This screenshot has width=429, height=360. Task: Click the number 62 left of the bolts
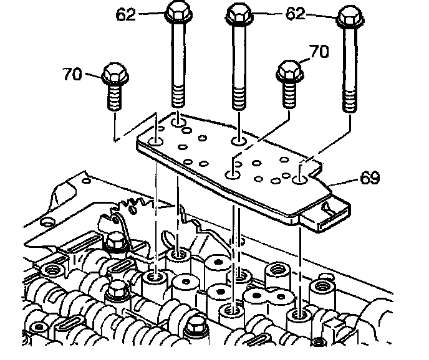pos(125,14)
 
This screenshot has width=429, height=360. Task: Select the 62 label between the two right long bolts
pos(295,14)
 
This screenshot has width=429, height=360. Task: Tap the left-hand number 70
pos(72,73)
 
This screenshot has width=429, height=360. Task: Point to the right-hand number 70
pos(319,52)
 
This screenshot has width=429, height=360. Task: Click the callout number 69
pos(370,178)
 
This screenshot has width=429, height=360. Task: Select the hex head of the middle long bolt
pos(239,14)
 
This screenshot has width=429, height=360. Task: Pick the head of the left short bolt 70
pos(115,73)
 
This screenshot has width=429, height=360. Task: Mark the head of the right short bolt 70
pos(290,71)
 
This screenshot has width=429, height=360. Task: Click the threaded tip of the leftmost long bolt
pos(178,96)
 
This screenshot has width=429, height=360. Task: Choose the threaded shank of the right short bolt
pos(289,95)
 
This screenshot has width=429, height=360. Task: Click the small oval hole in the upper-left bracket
pos(87,181)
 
